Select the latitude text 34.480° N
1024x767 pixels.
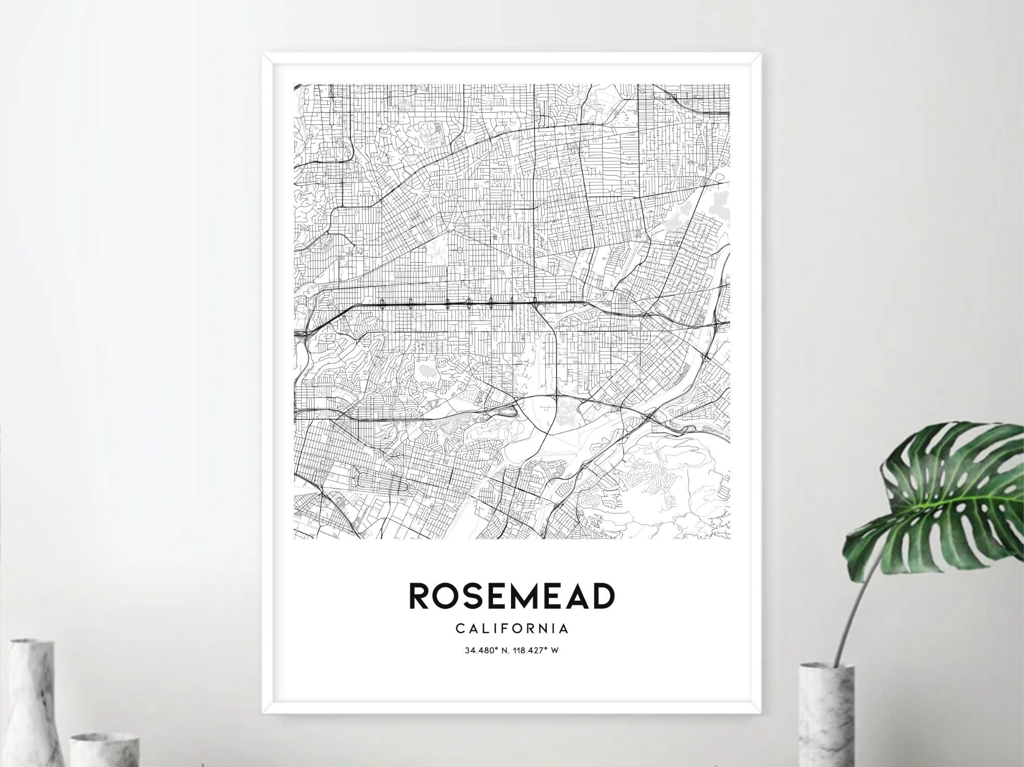click(486, 651)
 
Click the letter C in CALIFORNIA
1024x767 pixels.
click(459, 628)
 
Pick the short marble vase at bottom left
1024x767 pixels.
click(105, 750)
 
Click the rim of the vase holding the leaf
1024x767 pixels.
click(826, 667)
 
